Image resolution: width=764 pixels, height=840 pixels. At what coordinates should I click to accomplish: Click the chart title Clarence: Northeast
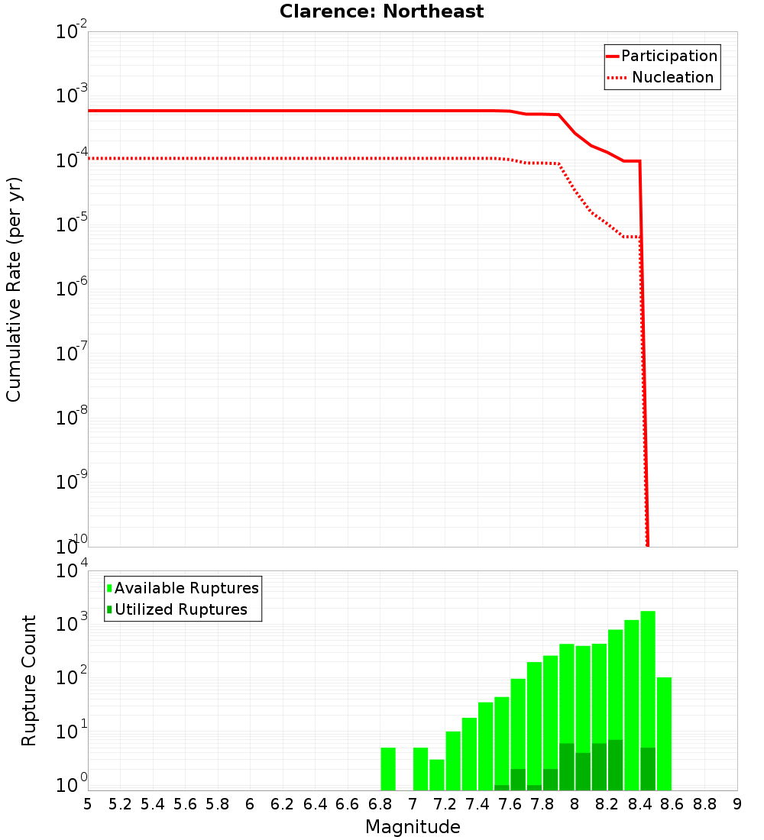click(381, 11)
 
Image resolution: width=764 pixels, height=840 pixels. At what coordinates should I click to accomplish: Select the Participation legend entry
click(668, 56)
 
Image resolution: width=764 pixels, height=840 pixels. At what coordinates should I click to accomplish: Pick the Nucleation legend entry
click(672, 77)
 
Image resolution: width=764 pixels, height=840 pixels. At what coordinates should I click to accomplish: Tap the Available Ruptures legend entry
click(186, 588)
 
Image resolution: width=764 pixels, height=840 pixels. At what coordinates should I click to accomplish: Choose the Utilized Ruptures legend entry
click(180, 609)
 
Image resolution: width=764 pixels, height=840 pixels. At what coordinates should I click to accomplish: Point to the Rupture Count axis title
click(29, 680)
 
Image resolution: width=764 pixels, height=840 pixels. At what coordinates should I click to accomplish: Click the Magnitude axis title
click(413, 827)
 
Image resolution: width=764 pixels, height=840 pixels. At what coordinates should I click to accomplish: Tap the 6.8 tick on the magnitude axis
click(380, 804)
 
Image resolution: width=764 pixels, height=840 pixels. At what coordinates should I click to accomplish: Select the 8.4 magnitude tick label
click(639, 804)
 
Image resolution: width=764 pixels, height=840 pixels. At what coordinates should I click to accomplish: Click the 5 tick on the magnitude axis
click(88, 804)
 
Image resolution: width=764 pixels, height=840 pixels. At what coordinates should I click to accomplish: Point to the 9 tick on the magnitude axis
click(737, 804)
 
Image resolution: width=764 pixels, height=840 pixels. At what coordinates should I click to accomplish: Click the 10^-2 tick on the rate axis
click(71, 34)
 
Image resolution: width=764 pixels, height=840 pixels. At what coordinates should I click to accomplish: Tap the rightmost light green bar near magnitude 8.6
click(664, 734)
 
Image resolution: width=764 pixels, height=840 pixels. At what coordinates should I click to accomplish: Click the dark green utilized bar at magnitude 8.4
click(648, 769)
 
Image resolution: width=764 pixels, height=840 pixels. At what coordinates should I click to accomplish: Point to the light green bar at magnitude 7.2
click(453, 761)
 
